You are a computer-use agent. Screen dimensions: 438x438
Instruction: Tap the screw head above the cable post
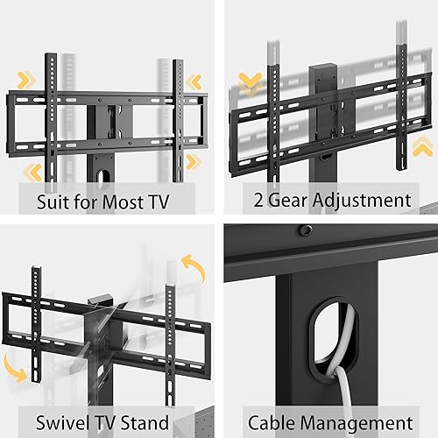pos(306,230)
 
